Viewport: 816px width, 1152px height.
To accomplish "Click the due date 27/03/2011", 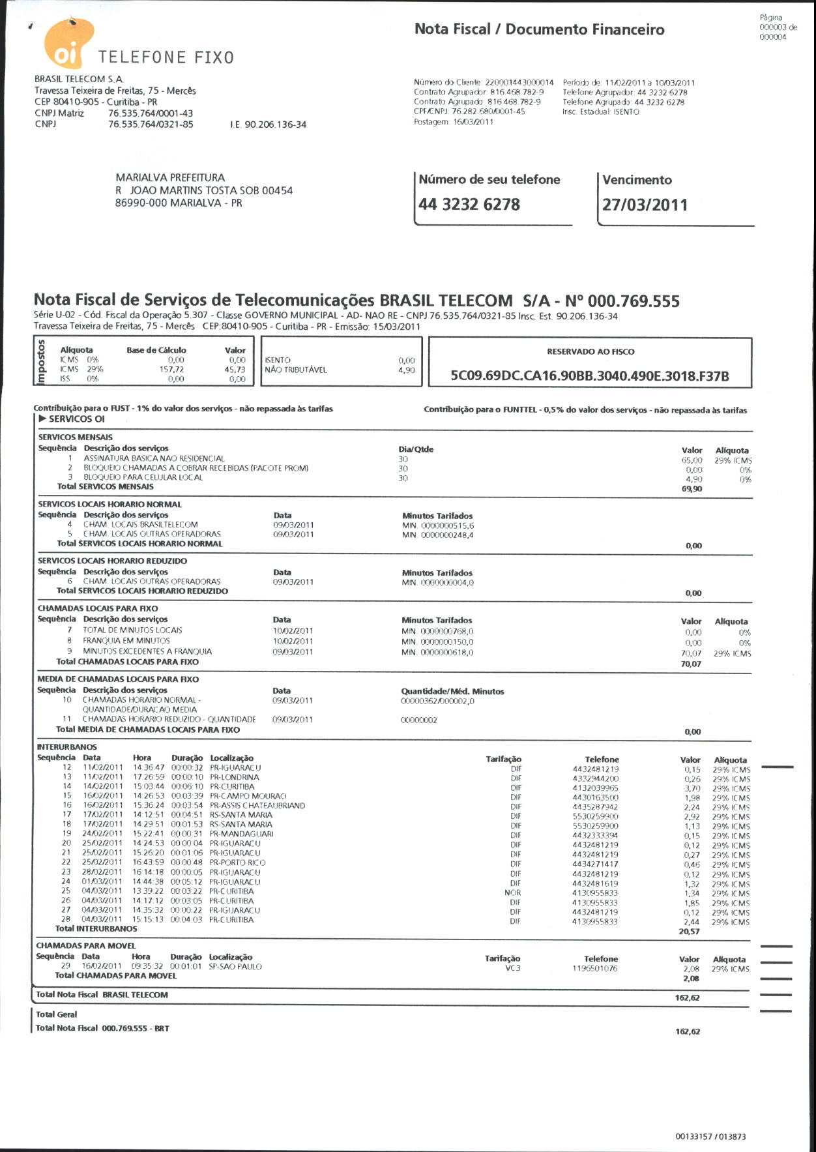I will [645, 205].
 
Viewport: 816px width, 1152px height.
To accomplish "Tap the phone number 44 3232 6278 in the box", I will [469, 205].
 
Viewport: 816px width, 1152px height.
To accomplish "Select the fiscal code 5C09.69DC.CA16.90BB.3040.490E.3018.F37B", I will [590, 376].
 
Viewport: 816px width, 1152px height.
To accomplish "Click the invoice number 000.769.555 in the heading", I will [634, 301].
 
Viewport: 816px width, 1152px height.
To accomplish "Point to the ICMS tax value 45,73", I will [235, 369].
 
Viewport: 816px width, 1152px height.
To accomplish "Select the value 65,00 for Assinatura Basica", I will [692, 460].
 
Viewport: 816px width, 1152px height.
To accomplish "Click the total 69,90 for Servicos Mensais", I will [692, 489].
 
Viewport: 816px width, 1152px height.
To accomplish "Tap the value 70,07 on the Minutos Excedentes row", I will [691, 653].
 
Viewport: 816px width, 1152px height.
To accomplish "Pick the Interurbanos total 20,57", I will [689, 932].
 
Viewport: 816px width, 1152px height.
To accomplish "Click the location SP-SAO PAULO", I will [235, 967].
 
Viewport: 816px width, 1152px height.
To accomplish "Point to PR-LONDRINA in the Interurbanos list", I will [235, 777].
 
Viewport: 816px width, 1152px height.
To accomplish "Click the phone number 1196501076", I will [594, 969].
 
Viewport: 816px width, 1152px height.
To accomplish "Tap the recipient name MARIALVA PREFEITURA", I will [170, 177].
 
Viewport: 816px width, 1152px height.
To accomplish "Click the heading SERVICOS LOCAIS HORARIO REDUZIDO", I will [112, 561].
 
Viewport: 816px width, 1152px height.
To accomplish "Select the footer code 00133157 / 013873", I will [710, 1136].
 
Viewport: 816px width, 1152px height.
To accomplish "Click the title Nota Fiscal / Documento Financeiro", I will [540, 29].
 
